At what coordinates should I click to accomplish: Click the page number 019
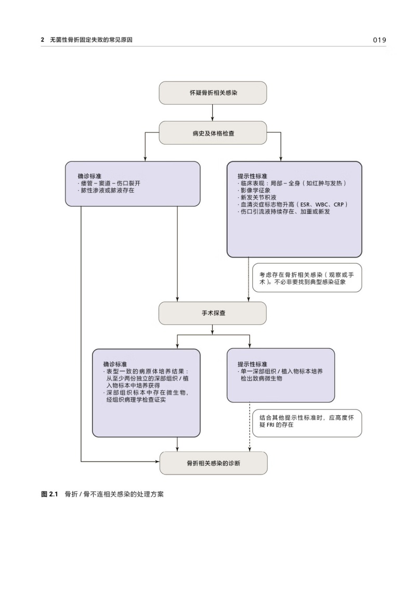(380, 40)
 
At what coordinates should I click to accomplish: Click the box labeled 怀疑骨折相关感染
(212, 93)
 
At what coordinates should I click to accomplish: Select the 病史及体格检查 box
(212, 133)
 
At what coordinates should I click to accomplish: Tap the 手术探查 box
(212, 314)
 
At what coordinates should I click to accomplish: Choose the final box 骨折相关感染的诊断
(213, 463)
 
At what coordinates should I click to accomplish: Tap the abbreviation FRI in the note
(271, 425)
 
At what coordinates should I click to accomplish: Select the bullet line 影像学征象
(254, 191)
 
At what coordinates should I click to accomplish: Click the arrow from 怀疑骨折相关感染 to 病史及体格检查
(212, 113)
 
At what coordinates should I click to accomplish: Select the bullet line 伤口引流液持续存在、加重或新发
(285, 212)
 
